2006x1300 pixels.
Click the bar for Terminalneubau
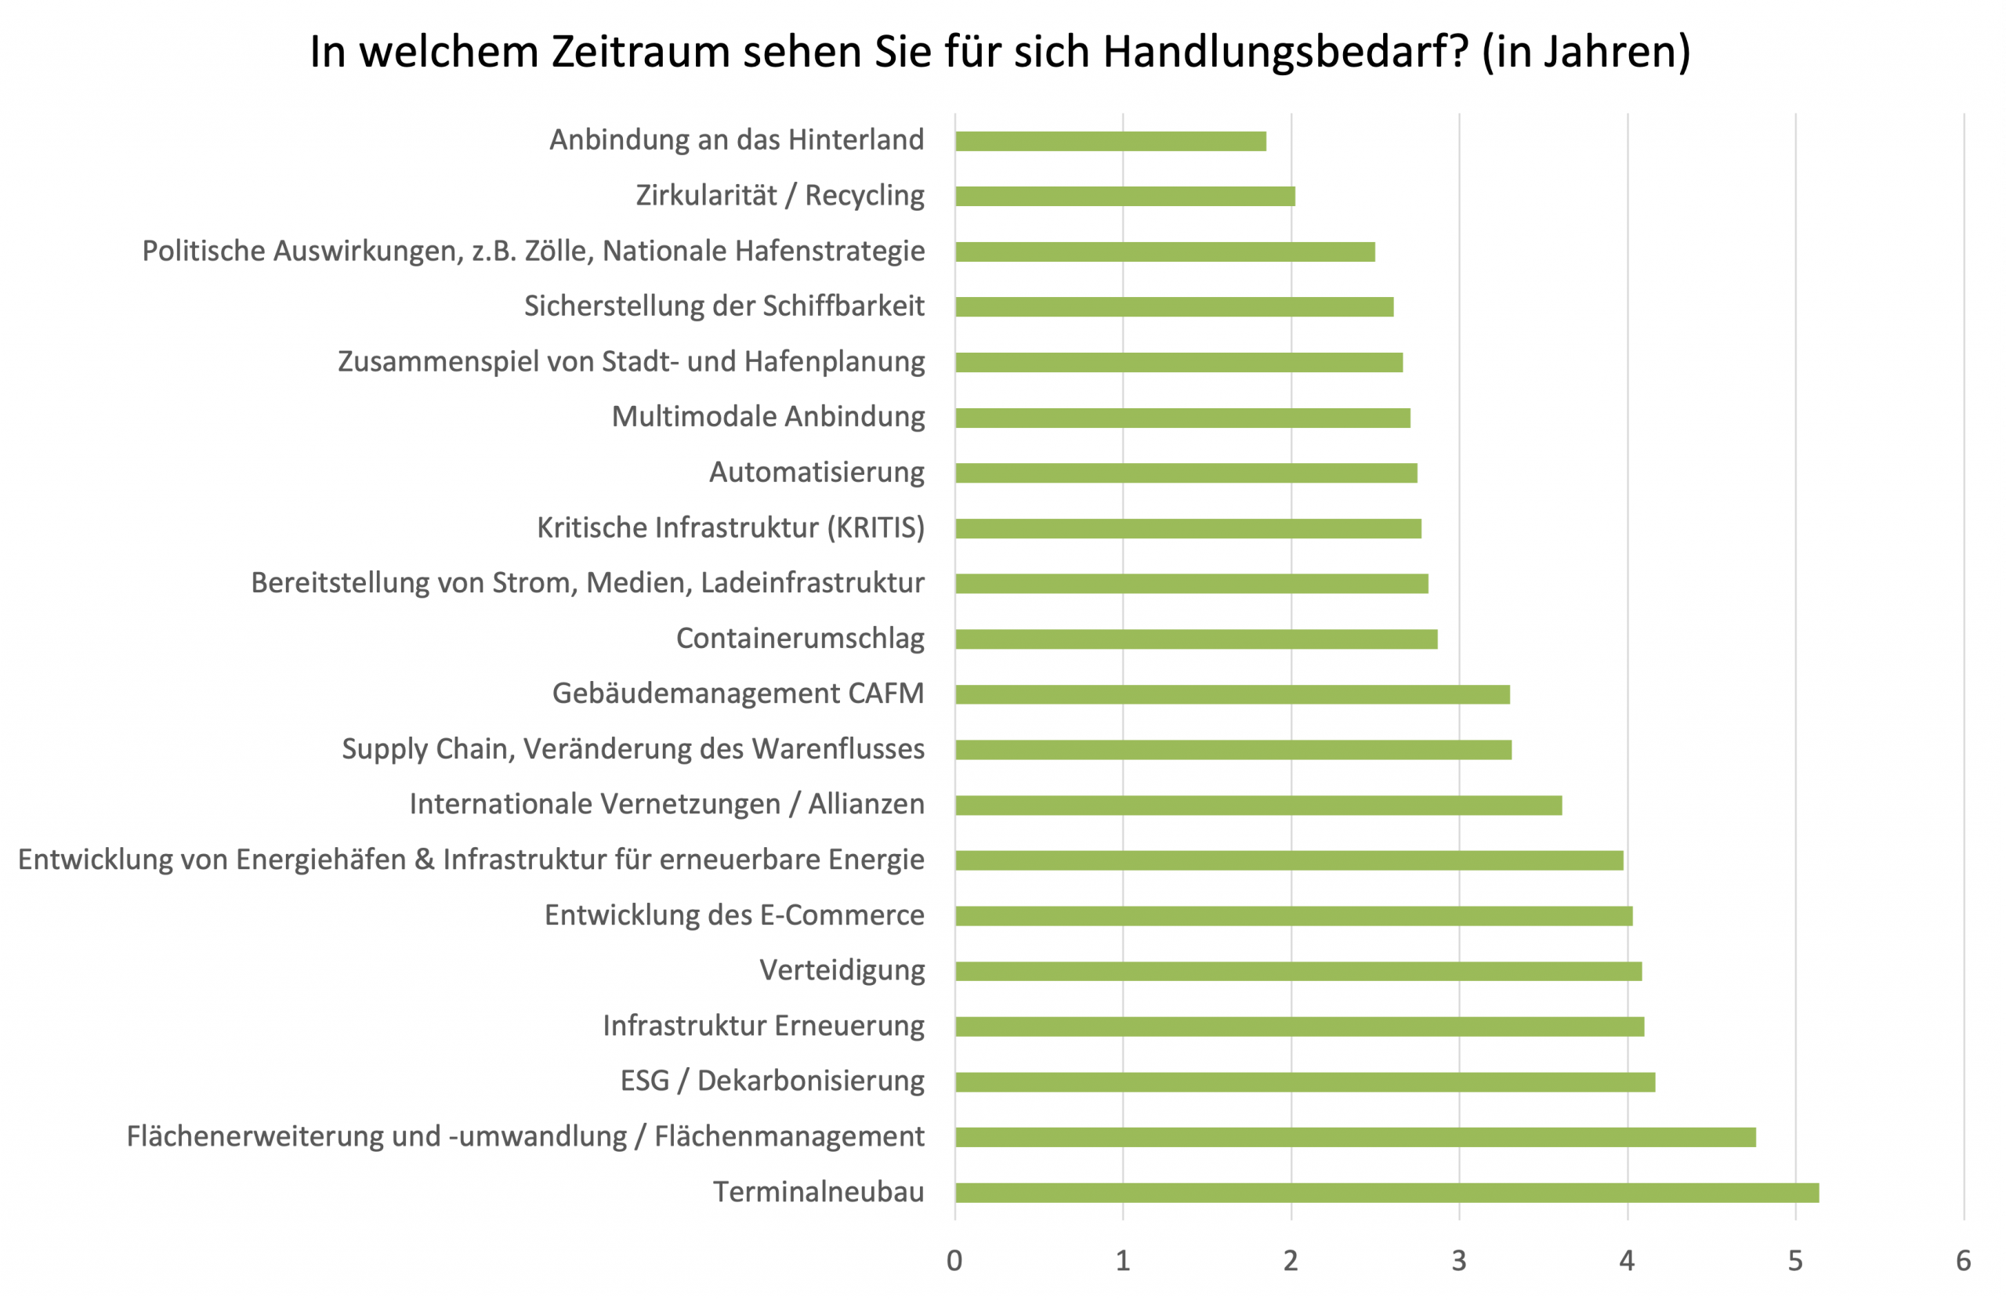pyautogui.click(x=1386, y=1193)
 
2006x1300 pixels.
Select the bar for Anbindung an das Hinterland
pyautogui.click(x=1110, y=142)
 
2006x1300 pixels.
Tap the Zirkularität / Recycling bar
pyautogui.click(x=1124, y=197)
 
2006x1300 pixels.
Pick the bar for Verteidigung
pyautogui.click(x=1298, y=971)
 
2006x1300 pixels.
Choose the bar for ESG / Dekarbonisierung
pyautogui.click(x=1305, y=1081)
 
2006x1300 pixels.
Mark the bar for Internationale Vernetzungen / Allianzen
pyautogui.click(x=1258, y=805)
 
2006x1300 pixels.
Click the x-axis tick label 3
pyautogui.click(x=1459, y=1262)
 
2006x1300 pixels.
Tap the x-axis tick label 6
pyautogui.click(x=1963, y=1262)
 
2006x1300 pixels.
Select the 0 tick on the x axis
pyautogui.click(x=954, y=1262)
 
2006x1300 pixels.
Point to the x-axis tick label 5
pyautogui.click(x=1795, y=1262)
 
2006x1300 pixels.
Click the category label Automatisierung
pyautogui.click(x=816, y=472)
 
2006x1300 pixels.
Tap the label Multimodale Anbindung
pyautogui.click(x=768, y=416)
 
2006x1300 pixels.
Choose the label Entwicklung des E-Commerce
pyautogui.click(x=734, y=914)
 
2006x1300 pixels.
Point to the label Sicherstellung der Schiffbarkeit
pyautogui.click(x=724, y=306)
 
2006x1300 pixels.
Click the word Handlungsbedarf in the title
pyautogui.click(x=1285, y=53)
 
